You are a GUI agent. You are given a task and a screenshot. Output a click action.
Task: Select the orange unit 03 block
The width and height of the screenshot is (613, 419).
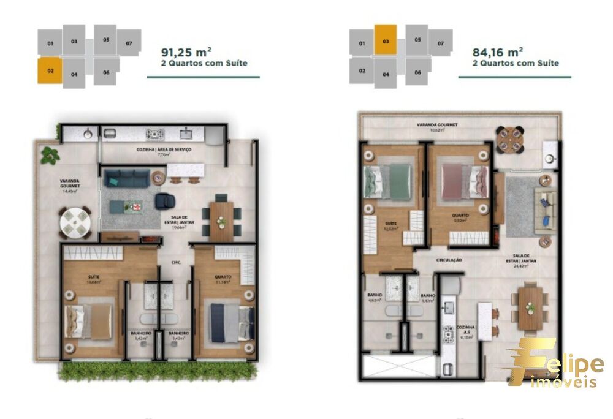[x=386, y=40]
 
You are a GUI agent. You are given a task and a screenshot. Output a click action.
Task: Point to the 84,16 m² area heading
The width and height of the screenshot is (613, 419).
[x=498, y=52]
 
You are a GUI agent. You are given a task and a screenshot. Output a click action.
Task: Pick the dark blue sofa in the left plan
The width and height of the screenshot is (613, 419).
[x=126, y=178]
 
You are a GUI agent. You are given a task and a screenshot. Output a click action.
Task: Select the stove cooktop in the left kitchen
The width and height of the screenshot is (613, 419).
[x=153, y=134]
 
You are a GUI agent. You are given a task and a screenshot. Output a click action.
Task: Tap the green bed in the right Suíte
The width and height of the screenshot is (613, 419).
[x=390, y=182]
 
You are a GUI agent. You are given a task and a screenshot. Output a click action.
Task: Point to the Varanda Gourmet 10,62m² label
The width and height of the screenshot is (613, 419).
[x=437, y=127]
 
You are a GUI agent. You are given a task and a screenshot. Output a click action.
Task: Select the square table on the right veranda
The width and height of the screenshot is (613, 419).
[x=510, y=140]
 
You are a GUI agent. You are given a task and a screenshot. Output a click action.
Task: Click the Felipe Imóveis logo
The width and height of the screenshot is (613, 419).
[x=552, y=364]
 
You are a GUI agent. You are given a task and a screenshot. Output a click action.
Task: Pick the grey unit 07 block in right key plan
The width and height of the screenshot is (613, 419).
[x=440, y=43]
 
